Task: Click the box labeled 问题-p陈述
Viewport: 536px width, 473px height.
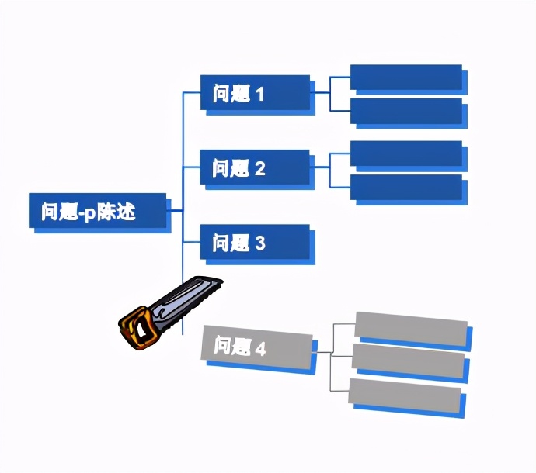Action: [x=97, y=210]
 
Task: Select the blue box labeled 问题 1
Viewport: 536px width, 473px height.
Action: [x=255, y=93]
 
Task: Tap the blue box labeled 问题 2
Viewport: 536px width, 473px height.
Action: [x=255, y=167]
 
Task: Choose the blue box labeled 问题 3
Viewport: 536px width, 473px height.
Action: [x=255, y=242]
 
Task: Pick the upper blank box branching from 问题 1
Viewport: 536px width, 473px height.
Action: [x=405, y=78]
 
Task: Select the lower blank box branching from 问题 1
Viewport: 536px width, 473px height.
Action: [x=405, y=111]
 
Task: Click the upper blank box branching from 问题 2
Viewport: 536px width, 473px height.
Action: [x=405, y=154]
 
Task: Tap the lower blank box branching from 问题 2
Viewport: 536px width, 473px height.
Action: [x=405, y=188]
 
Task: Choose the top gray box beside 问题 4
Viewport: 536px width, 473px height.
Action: [x=411, y=327]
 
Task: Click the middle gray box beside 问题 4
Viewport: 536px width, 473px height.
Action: [x=408, y=361]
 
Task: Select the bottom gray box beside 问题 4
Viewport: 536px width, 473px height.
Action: [x=405, y=395]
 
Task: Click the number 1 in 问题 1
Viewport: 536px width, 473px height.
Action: [x=260, y=95]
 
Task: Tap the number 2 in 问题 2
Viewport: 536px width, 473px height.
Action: [x=260, y=169]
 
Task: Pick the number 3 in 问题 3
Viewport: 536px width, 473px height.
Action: [x=260, y=243]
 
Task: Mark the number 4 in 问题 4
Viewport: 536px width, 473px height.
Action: [x=260, y=349]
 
